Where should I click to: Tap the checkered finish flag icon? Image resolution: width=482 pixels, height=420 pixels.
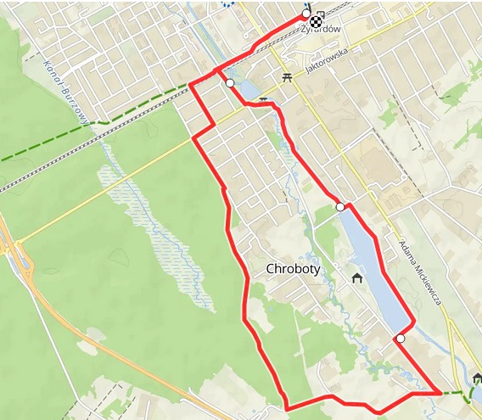tap(316, 21)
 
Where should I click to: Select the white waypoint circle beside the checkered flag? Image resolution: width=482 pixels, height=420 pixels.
tap(305, 15)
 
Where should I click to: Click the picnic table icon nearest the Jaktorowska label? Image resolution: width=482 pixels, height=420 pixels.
tap(287, 76)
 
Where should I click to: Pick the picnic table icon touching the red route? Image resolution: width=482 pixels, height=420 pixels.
tap(264, 100)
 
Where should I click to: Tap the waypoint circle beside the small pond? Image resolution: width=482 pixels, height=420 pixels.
tap(230, 83)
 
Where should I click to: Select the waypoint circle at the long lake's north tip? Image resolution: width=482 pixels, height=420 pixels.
tap(340, 207)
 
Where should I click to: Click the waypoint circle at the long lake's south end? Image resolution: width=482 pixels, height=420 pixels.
tap(400, 339)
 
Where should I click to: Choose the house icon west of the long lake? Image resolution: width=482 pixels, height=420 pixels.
tap(357, 277)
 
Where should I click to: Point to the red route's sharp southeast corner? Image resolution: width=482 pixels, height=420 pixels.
tap(440, 393)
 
